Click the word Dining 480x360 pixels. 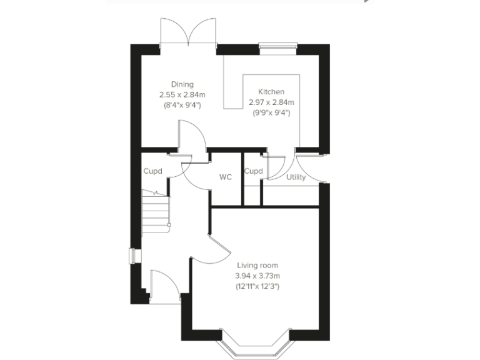[x=182, y=84]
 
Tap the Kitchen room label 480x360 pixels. [x=271, y=92]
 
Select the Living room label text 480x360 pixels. [x=257, y=265]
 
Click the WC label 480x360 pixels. [x=226, y=177]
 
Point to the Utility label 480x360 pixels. [x=296, y=177]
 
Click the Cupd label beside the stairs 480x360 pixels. [x=153, y=171]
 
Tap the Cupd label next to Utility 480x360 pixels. [x=253, y=171]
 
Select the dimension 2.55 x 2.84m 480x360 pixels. [x=182, y=95]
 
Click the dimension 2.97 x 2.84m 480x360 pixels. [x=271, y=102]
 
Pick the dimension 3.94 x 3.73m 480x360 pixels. [x=257, y=276]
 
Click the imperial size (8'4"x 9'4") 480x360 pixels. [x=182, y=106]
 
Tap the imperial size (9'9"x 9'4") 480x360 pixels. [x=271, y=113]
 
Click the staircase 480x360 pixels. [x=156, y=211]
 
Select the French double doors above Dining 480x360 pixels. [x=188, y=31]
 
